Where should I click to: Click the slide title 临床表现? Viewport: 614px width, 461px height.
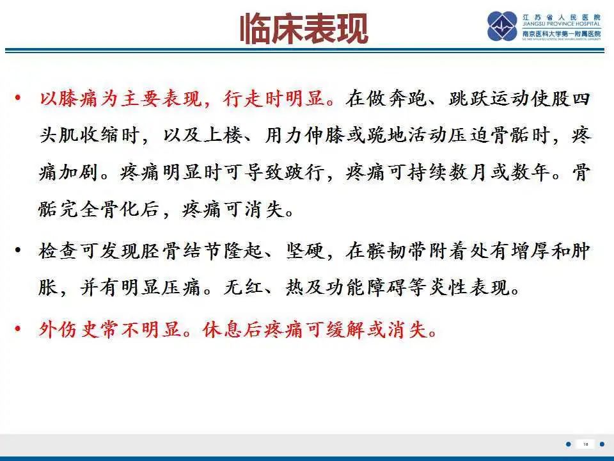tap(304, 29)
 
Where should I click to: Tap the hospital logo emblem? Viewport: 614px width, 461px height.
tap(502, 26)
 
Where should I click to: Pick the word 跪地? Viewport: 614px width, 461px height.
tap(382, 136)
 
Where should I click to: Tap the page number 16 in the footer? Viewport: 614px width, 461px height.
tap(585, 444)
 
